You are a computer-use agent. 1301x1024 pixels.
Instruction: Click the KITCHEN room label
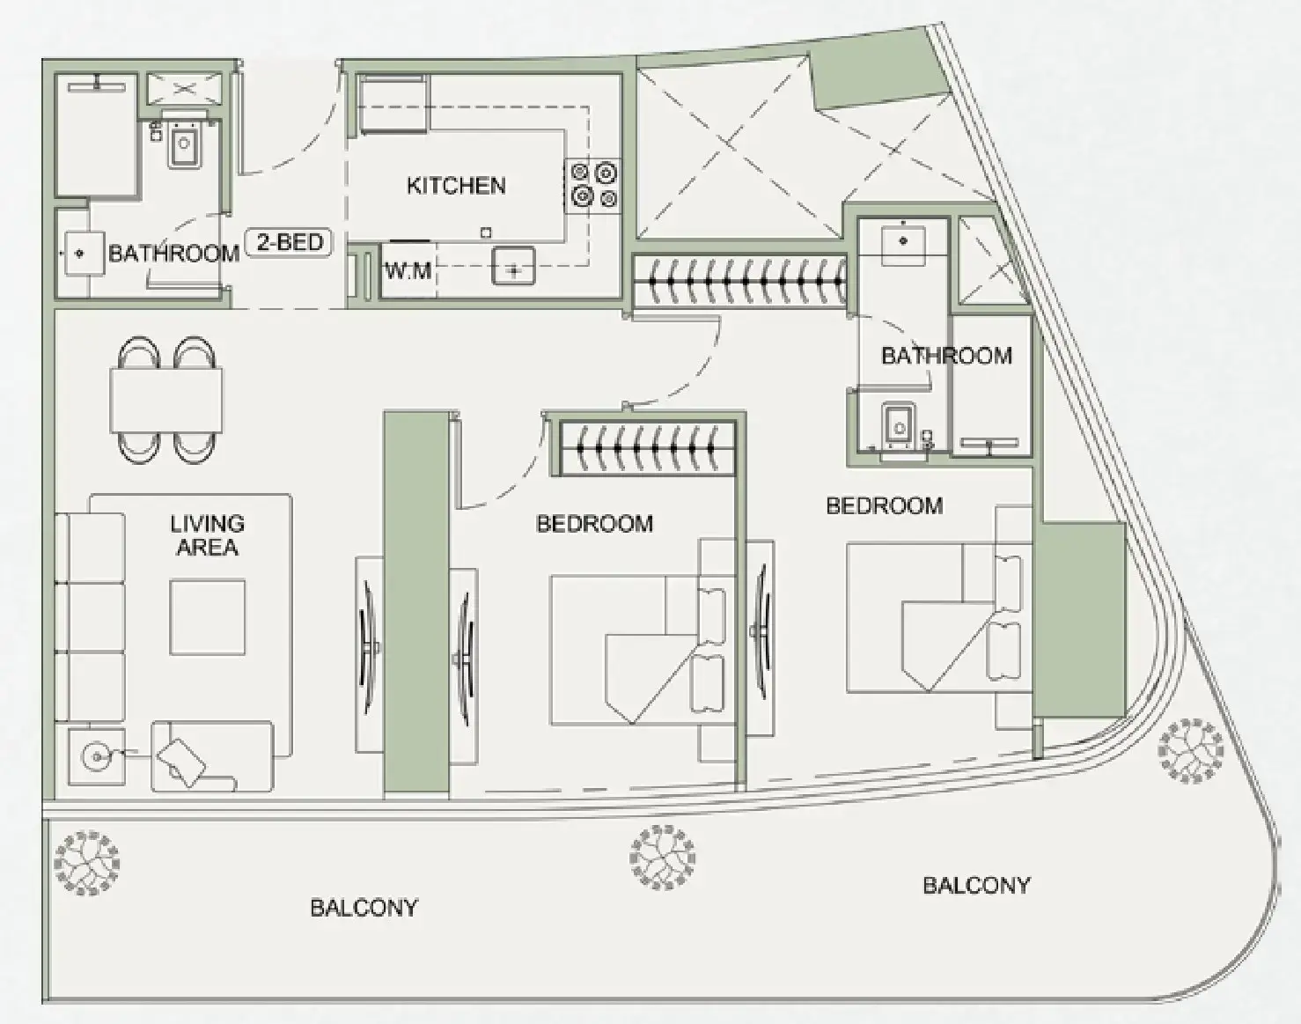(x=456, y=186)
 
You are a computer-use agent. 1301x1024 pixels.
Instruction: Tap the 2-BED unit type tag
(x=290, y=242)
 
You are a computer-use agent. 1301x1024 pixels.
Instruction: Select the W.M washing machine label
(x=408, y=271)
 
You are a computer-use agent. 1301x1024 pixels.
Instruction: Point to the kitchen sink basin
(x=513, y=266)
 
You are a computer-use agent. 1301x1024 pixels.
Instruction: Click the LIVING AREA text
(x=207, y=534)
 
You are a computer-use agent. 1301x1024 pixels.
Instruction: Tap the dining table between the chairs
(x=165, y=400)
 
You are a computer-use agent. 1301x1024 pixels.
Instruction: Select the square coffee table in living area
(x=208, y=617)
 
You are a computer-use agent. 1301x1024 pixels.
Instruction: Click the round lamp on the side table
(x=96, y=755)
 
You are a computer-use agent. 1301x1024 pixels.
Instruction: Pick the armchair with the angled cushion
(x=211, y=756)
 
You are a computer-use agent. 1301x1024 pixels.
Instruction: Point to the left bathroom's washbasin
(x=83, y=254)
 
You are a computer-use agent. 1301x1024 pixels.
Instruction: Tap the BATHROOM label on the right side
(x=946, y=356)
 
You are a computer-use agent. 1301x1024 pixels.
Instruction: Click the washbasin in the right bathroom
(x=903, y=245)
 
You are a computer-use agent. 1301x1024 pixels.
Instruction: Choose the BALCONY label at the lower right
(x=975, y=886)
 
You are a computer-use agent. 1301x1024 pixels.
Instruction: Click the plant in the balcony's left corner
(x=86, y=863)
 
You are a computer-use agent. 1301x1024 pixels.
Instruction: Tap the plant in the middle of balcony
(x=662, y=857)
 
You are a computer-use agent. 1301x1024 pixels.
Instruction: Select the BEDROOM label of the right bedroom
(x=884, y=505)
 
